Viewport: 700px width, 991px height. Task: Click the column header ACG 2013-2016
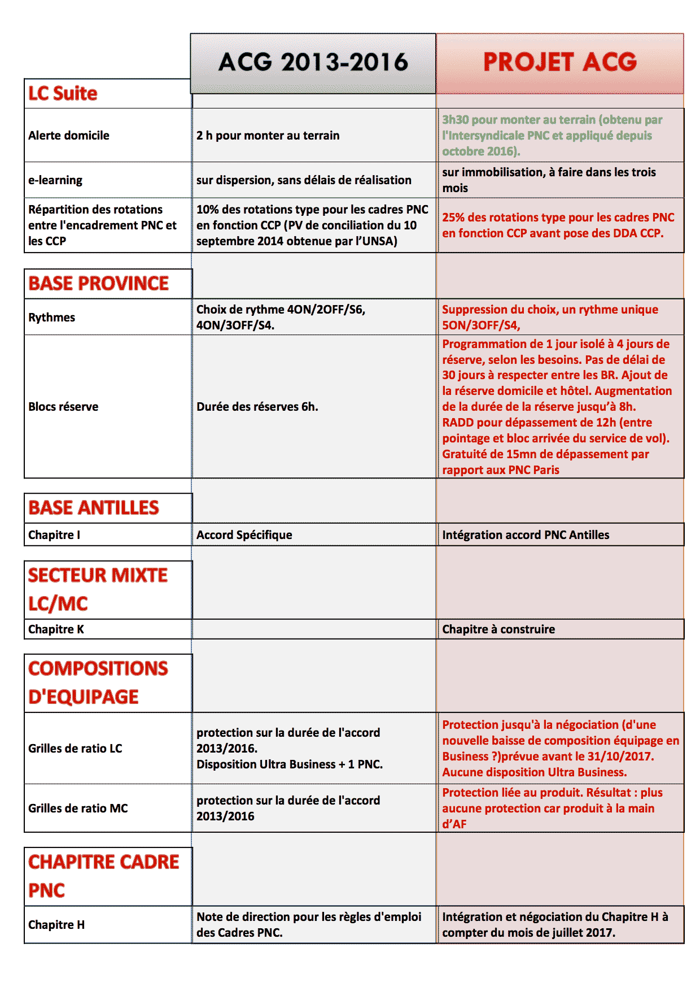click(313, 62)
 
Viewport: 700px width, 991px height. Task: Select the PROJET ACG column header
click(559, 62)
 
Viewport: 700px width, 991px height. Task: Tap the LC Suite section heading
click(63, 93)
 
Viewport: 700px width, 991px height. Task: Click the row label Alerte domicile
click(69, 136)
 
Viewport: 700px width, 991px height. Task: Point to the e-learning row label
click(55, 180)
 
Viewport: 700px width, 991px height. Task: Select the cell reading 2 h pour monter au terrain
click(268, 136)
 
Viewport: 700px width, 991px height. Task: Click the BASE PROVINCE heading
click(99, 283)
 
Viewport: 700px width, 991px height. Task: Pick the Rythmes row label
click(52, 318)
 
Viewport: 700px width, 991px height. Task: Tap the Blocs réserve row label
click(63, 407)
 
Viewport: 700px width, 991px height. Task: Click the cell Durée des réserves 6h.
click(257, 407)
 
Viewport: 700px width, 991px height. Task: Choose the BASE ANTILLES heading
click(94, 507)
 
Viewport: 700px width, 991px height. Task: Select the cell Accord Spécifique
click(244, 535)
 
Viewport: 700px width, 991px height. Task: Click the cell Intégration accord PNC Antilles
click(526, 535)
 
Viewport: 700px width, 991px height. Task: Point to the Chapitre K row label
click(56, 629)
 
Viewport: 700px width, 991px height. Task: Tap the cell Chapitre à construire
click(498, 629)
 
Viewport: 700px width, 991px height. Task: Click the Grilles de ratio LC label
click(75, 749)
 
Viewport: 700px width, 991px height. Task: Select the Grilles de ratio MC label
click(78, 809)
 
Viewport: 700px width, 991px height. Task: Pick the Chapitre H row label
click(56, 925)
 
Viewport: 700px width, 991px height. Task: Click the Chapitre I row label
click(54, 535)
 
